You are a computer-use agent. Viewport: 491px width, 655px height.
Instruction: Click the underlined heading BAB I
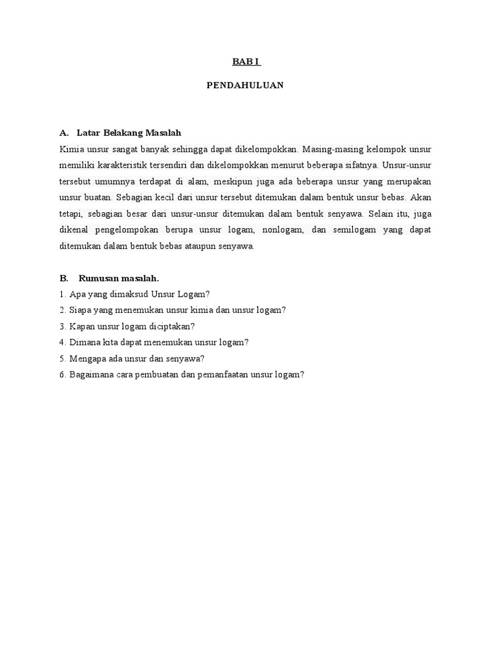click(245, 62)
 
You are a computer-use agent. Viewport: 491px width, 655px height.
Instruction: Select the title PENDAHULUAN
click(245, 84)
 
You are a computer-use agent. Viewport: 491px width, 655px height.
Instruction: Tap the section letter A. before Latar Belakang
click(63, 133)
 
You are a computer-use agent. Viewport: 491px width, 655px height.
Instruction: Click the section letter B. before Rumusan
click(63, 278)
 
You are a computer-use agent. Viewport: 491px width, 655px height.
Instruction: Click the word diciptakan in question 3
click(169, 326)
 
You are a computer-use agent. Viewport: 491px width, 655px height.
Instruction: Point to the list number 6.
click(63, 375)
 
